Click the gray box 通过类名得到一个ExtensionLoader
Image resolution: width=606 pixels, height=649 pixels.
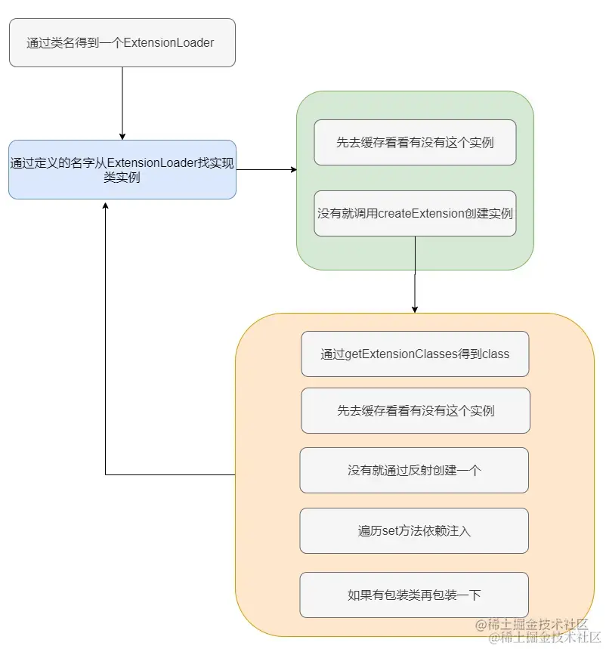point(122,43)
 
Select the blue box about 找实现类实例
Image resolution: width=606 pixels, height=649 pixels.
point(122,169)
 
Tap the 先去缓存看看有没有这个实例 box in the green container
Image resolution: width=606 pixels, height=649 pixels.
point(415,142)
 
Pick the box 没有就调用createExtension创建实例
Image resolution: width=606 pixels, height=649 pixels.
point(415,213)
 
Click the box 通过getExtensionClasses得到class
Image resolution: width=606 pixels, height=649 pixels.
point(415,354)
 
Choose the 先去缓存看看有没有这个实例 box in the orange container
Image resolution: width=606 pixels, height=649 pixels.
point(415,411)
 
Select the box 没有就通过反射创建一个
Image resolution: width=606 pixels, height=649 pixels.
point(414,470)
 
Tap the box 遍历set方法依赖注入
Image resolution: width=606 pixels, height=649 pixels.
point(414,530)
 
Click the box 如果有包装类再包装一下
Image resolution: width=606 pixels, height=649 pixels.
point(414,595)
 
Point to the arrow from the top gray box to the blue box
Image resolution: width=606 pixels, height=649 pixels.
point(122,102)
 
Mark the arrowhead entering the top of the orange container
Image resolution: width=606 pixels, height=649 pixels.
point(415,308)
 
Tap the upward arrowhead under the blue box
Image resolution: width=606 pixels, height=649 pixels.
point(106,206)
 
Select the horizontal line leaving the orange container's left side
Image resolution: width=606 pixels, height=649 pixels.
point(170,474)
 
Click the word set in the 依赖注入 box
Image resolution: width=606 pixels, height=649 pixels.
point(390,530)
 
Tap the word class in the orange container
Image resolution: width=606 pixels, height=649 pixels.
point(496,354)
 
